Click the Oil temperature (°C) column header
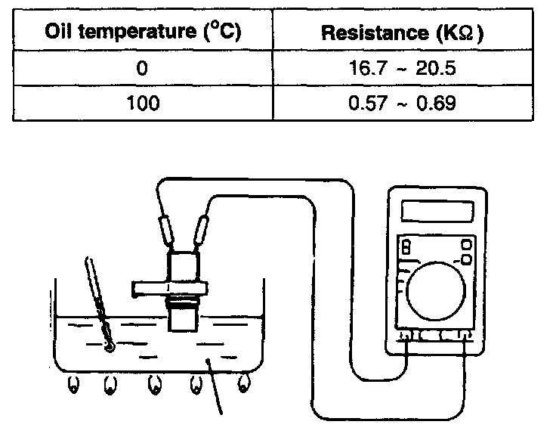click(x=143, y=33)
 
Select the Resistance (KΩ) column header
click(x=403, y=33)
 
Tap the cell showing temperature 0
click(x=143, y=68)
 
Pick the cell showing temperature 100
click(x=143, y=102)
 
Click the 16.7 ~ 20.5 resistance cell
click(x=403, y=68)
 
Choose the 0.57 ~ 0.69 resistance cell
click(x=403, y=102)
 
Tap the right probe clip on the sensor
click(x=202, y=231)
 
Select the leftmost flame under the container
click(x=73, y=385)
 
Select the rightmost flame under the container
click(x=243, y=383)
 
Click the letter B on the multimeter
click(x=406, y=247)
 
